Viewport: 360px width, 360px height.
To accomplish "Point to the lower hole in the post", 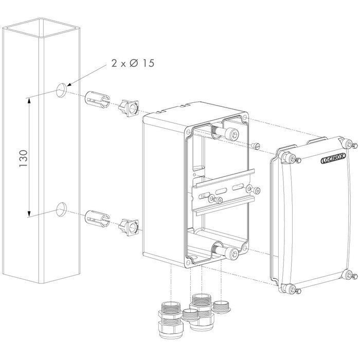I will click(x=61, y=209).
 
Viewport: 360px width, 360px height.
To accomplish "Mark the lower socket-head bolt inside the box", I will click(x=232, y=253).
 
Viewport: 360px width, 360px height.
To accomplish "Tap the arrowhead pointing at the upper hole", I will click(x=69, y=84).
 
